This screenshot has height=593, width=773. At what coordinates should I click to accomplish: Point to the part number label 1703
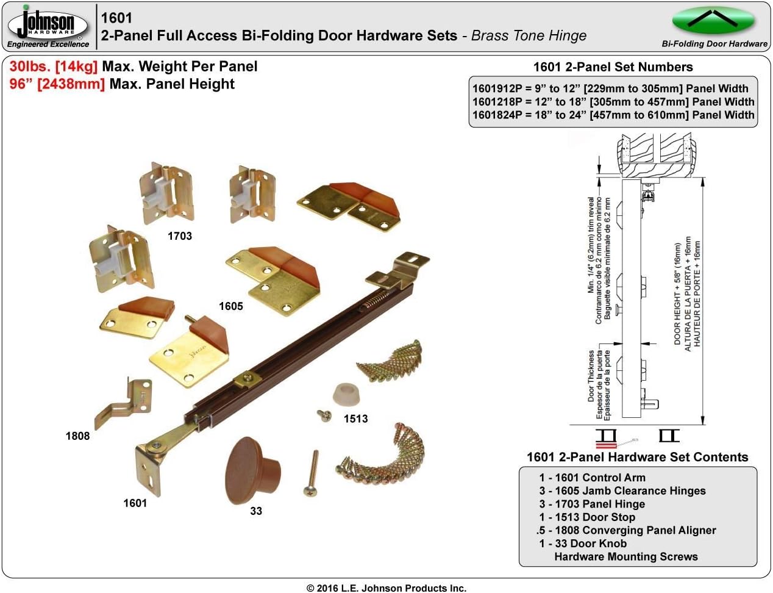click(180, 236)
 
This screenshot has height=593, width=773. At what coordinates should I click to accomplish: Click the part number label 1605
click(231, 306)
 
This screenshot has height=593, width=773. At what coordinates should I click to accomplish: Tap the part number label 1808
click(77, 436)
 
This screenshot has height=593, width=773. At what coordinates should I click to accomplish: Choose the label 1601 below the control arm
click(135, 503)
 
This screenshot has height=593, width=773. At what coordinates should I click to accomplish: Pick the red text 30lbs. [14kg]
click(54, 66)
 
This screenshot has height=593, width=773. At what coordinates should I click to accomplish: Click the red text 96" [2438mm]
click(57, 84)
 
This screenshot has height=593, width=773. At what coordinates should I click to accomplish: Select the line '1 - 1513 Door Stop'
click(587, 517)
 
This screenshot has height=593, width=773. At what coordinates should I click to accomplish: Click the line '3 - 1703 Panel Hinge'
click(592, 504)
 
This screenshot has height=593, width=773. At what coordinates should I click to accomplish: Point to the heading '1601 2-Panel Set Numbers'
click(613, 67)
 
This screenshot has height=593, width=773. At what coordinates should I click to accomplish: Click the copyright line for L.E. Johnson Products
click(386, 588)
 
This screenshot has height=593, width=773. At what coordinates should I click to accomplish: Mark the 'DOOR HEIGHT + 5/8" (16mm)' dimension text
click(677, 294)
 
